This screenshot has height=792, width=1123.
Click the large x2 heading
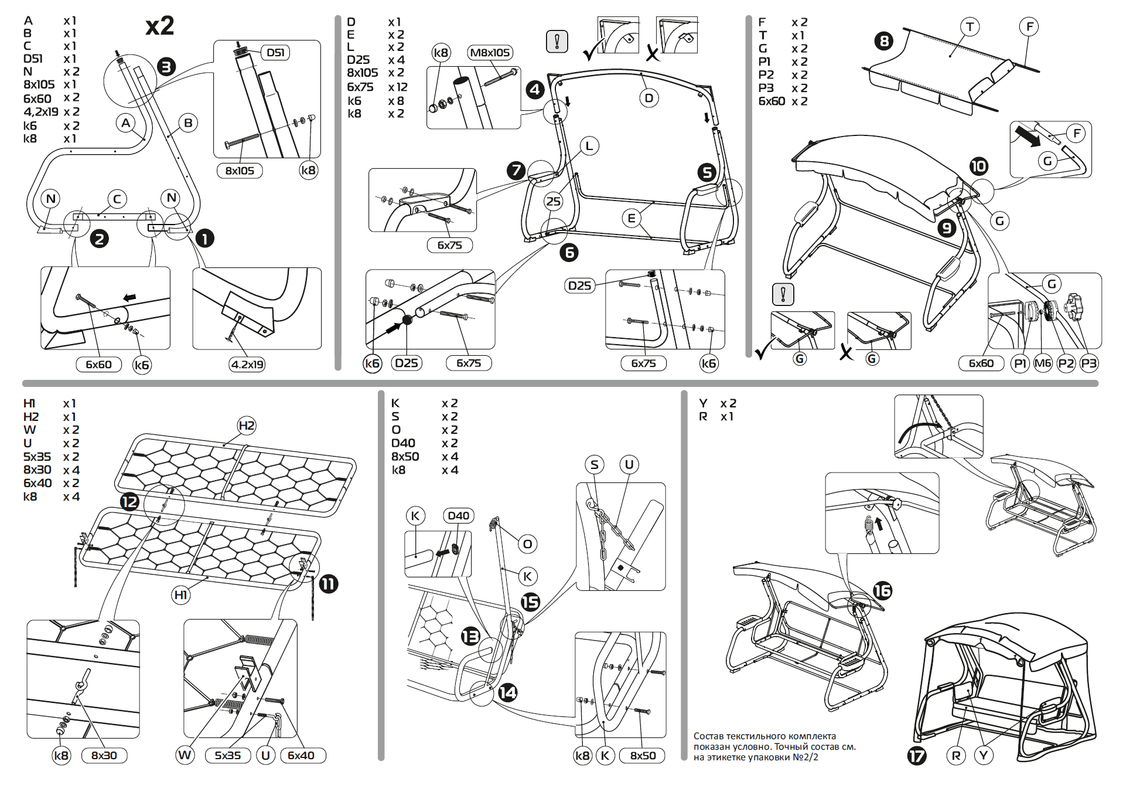[159, 26]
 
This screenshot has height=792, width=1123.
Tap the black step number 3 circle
[166, 67]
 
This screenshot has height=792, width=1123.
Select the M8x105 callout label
[490, 53]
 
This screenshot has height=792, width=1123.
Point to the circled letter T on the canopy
[970, 27]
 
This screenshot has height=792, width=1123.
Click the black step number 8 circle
[883, 41]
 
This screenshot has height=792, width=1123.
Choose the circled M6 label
[1043, 363]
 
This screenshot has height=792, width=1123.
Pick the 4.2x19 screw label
[247, 365]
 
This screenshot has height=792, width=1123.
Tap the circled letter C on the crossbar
[117, 199]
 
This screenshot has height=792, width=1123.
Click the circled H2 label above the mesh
[247, 426]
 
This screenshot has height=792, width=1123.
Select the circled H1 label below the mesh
[180, 595]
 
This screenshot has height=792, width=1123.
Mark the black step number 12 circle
[129, 502]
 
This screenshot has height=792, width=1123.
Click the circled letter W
[185, 755]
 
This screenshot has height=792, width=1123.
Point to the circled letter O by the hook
[527, 544]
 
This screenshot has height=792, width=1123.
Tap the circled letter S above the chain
[595, 465]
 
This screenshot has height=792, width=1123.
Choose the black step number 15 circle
[530, 602]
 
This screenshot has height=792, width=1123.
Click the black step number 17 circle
[917, 756]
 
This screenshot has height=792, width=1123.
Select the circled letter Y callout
[984, 756]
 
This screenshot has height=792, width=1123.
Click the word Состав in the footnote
[708, 736]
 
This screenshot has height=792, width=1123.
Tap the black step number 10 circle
[978, 166]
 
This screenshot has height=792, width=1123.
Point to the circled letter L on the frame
[589, 146]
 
